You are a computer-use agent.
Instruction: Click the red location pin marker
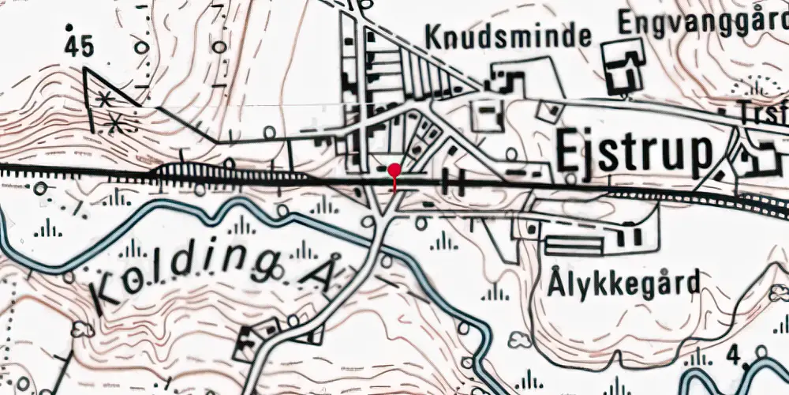pos(394,170)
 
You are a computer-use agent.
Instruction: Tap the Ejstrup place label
pos(634,152)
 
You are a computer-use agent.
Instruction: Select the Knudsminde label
pos(508,36)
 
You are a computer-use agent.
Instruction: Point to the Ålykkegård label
pos(624,283)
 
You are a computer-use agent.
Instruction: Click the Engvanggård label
pos(703,21)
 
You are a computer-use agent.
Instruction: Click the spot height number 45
pos(80,47)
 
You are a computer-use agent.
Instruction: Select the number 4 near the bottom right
pos(735,356)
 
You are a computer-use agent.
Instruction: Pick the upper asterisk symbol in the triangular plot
pos(103,99)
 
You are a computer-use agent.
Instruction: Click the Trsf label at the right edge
pos(766,111)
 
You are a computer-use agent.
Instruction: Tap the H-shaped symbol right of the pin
pos(453,181)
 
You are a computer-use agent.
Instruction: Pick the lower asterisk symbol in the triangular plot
pos(117,122)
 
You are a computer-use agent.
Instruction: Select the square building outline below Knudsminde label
pos(486,115)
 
